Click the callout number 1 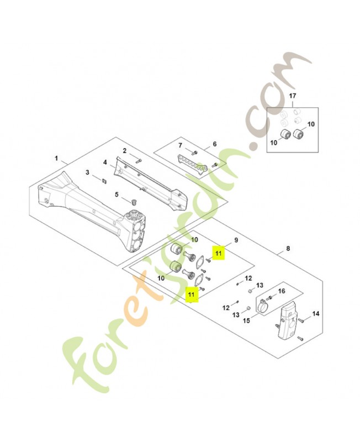(56, 159)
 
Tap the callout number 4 (104, 162)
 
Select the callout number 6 (215, 144)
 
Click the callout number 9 (236, 240)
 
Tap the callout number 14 (316, 314)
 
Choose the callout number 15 (246, 320)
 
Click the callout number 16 (281, 291)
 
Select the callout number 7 (179, 145)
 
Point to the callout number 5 (117, 194)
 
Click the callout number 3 (87, 172)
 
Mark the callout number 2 (125, 151)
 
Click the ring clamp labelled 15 (263, 303)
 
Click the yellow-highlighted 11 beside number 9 (219, 253)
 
